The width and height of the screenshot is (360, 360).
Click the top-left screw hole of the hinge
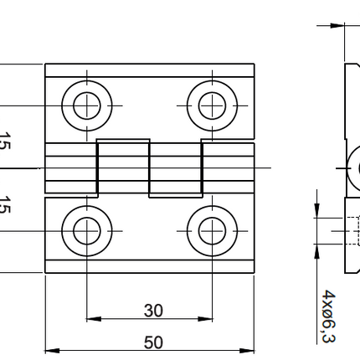[86, 105]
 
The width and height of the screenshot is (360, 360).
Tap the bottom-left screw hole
[86, 230]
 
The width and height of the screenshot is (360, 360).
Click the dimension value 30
[153, 311]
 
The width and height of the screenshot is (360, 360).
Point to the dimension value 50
[153, 342]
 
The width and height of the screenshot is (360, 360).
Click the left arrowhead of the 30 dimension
[92, 319]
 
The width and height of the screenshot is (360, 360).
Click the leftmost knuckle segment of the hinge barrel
[71, 169]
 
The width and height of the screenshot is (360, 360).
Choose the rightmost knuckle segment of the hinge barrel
[227, 169]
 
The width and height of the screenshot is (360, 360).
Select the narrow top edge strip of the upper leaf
[149, 69]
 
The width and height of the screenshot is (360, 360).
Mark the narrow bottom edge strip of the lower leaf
[149, 267]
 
